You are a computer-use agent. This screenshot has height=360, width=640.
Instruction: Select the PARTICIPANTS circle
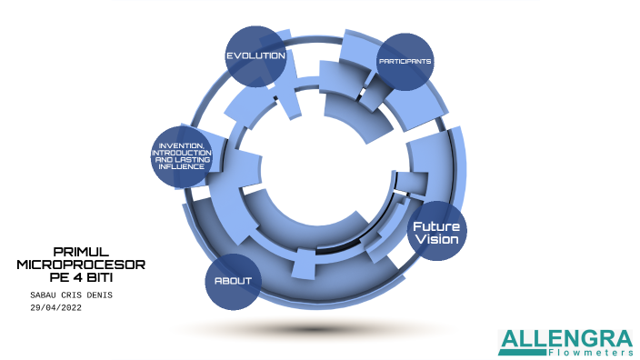pos(405,62)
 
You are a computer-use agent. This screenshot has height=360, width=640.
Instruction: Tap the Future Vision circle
pos(436,232)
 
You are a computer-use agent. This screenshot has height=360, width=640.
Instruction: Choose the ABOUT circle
pos(233,280)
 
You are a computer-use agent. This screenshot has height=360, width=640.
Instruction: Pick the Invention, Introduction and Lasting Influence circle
pos(181,156)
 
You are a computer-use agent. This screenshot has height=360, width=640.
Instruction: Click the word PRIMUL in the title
pos(81,250)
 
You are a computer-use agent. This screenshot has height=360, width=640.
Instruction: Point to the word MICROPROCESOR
pos(81,264)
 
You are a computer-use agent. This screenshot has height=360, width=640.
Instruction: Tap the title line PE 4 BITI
pos(81,276)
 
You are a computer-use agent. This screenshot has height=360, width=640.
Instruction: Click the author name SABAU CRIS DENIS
pos(72,295)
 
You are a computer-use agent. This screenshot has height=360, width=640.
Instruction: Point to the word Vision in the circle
pos(436,239)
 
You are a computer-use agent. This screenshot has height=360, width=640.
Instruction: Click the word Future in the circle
pos(436,225)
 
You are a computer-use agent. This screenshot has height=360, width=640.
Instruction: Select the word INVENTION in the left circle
pos(181,145)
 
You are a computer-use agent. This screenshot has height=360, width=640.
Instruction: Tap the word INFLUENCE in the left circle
pos(181,167)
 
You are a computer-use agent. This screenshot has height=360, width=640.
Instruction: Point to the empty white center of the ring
pos(318,182)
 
